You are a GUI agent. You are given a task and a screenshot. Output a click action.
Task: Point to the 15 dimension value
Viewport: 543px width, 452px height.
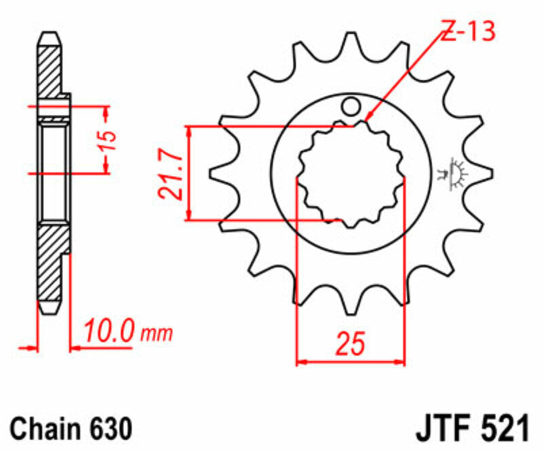(x=109, y=140)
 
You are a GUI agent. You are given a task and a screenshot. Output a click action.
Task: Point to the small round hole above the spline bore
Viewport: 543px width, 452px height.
(x=350, y=106)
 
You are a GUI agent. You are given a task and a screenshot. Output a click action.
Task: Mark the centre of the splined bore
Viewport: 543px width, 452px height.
(x=350, y=174)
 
